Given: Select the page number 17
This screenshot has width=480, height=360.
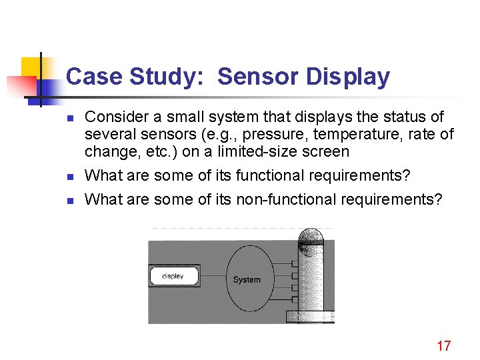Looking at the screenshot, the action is tap(443, 345).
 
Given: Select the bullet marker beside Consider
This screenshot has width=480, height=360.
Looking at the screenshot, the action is tap(69, 118).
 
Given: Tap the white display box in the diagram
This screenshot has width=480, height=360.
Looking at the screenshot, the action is tap(173, 276).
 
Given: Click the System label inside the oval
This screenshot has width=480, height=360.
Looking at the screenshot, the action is tap(247, 279).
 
